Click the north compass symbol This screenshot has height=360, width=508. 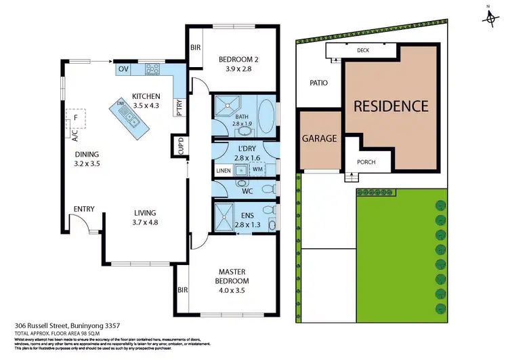click(x=490, y=16)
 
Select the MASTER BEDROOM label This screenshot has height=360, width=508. click(x=228, y=276)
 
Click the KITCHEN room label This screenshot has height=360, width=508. click(x=146, y=96)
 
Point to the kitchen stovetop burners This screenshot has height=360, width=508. click(x=151, y=68)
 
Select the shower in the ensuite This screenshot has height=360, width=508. click(x=224, y=218)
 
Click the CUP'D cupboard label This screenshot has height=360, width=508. click(x=180, y=146)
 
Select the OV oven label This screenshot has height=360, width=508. click(x=123, y=69)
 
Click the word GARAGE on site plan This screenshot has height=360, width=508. click(x=320, y=138)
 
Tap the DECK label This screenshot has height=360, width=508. click(x=364, y=50)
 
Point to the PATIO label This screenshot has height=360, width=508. click(x=319, y=83)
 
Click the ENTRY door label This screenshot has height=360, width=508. click(x=84, y=209)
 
